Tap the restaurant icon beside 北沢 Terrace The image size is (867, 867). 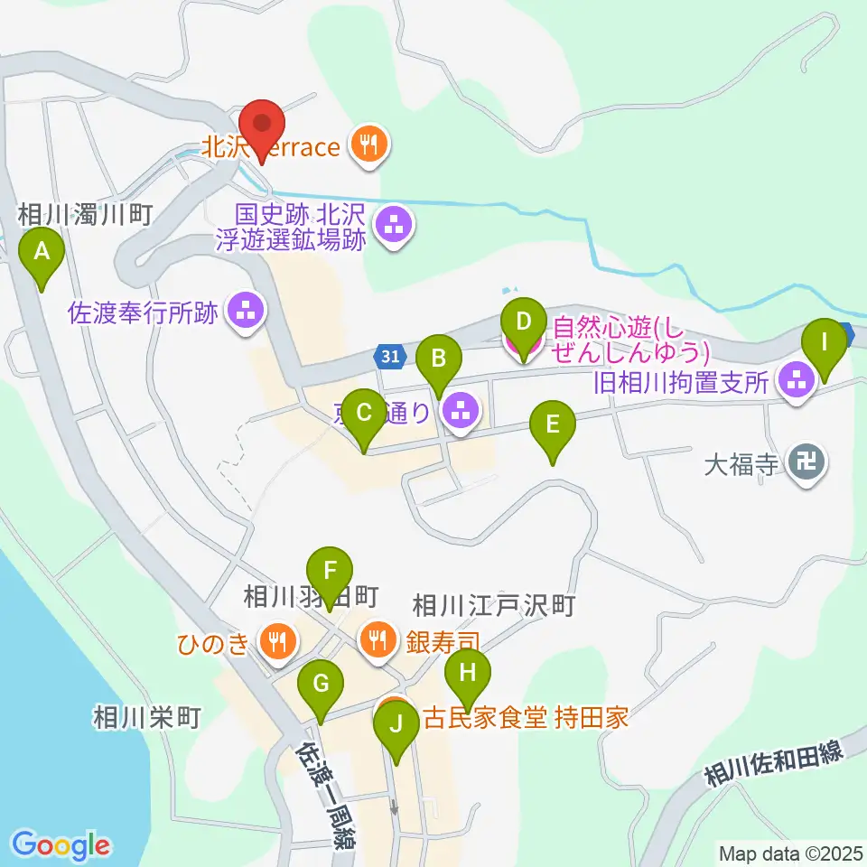[x=369, y=144]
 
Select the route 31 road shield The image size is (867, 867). [x=389, y=358]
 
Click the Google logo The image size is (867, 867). [x=61, y=845]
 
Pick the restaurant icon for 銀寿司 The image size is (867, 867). [x=377, y=640]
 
